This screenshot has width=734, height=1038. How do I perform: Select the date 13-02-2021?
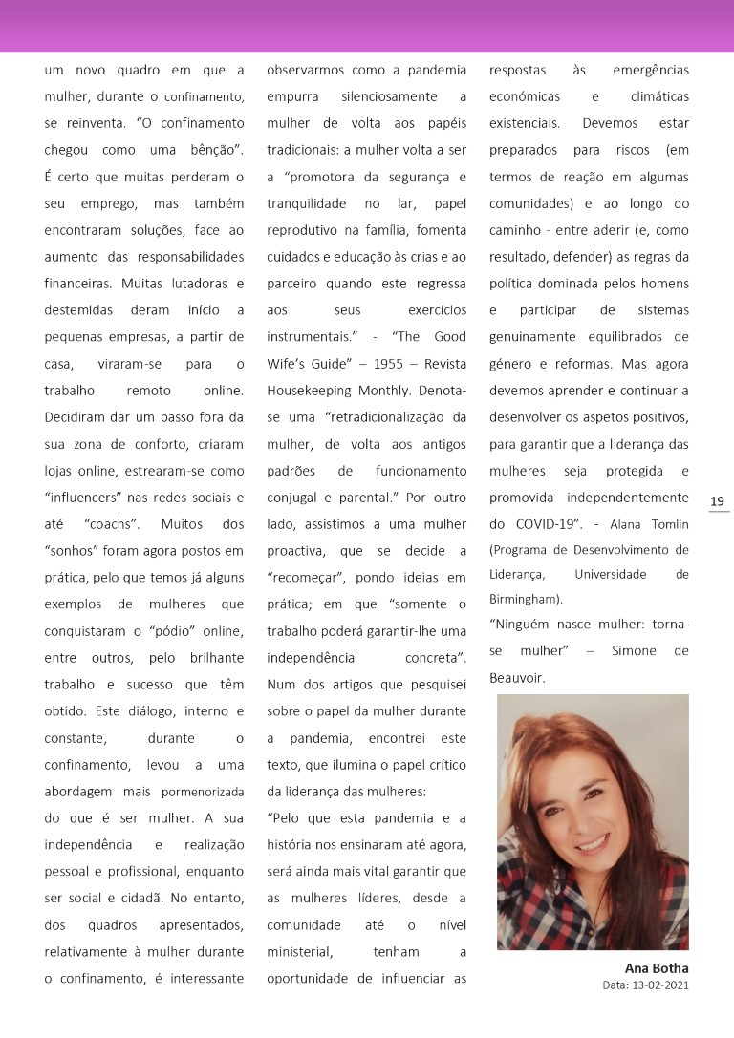pos(661,985)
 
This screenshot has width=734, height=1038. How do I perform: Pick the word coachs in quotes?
pos(115,524)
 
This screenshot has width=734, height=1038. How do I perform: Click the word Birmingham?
pos(525,599)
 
